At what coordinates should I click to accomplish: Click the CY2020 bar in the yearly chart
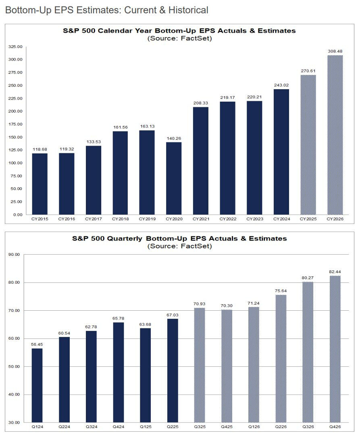pos(174,178)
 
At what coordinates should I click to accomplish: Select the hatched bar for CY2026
pos(335,135)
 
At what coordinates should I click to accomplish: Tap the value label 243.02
pos(281,85)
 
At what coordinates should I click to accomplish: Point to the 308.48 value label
pos(335,51)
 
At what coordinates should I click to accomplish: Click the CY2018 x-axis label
pos(120,219)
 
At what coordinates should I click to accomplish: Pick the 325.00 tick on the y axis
pos(15,47)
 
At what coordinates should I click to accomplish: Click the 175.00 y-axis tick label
pos(15,124)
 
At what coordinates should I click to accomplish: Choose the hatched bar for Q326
pos(308,352)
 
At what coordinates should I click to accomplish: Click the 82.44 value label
pos(335,272)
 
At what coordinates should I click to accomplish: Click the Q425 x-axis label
pos(227,427)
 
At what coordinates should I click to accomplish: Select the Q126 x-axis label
pos(254,427)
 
